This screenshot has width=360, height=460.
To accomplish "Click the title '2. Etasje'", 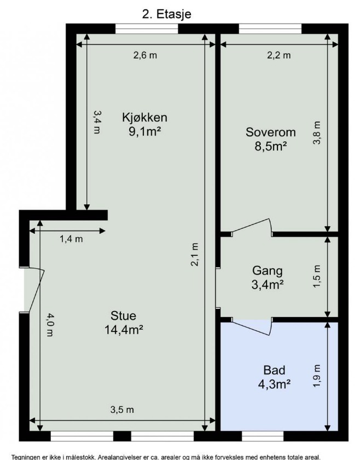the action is (166, 14).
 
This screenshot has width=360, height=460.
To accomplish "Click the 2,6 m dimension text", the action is (145, 55).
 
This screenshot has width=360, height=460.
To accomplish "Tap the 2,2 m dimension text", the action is (279, 55).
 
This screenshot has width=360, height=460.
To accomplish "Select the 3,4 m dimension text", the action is (97, 122).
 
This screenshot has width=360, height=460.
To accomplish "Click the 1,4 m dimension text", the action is (71, 239).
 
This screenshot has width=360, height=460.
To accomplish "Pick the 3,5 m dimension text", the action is (122, 410).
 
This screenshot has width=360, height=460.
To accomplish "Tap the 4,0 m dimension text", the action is (51, 324).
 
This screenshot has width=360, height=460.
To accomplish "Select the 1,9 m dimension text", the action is (317, 376).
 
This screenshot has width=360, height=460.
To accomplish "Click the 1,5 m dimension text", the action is (317, 277).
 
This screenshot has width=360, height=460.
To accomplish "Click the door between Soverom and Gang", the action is (252, 228).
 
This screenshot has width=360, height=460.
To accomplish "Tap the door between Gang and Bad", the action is (252, 326).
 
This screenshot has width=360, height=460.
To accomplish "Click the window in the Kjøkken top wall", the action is (147, 28).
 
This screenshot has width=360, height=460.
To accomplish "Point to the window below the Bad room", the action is (263, 436).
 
